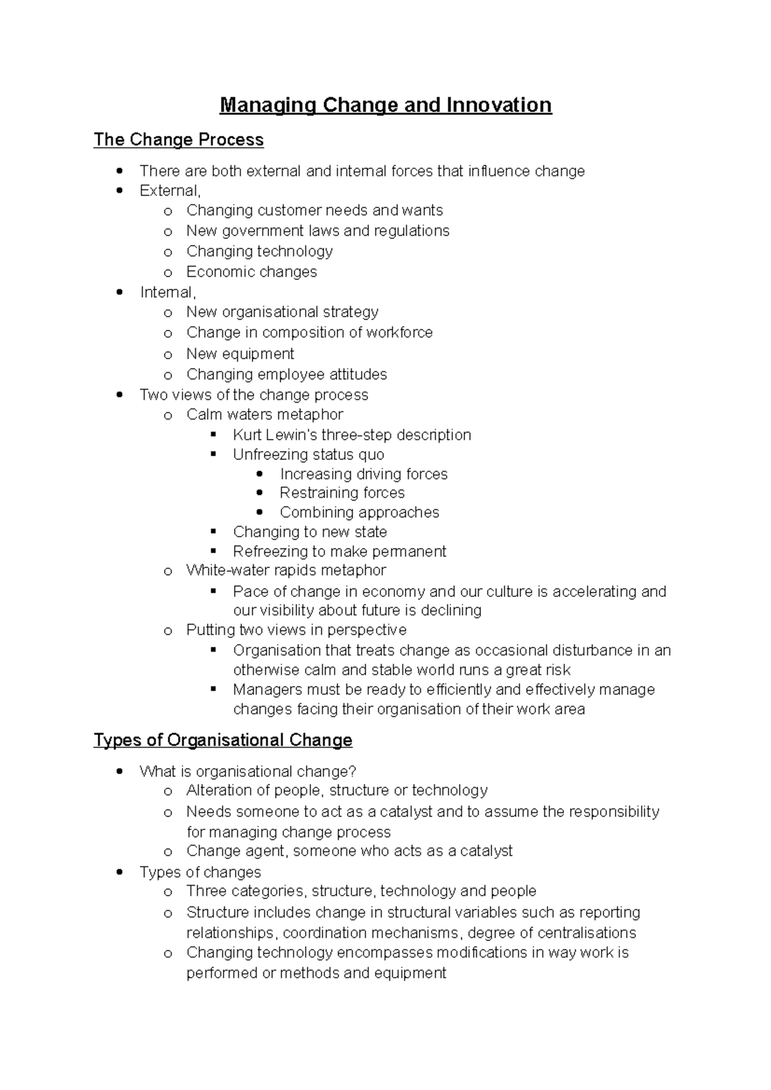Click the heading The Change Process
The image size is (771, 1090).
(179, 140)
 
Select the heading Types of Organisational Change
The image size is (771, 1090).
(223, 740)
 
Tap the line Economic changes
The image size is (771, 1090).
(251, 272)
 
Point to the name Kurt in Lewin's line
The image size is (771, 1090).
(247, 435)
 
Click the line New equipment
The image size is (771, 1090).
(240, 354)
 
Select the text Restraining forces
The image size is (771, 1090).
(342, 493)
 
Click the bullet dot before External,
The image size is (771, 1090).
(119, 191)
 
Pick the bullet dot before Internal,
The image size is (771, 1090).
(119, 293)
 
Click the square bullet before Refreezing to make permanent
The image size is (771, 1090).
(214, 551)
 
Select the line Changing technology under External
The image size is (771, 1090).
(259, 251)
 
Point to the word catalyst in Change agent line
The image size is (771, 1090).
(486, 851)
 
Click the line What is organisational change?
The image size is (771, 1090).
(247, 772)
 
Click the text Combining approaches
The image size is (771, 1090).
(359, 512)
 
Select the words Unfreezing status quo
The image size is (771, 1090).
(308, 455)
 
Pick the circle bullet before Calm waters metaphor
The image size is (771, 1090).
(168, 416)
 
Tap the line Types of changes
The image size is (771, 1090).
(200, 872)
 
